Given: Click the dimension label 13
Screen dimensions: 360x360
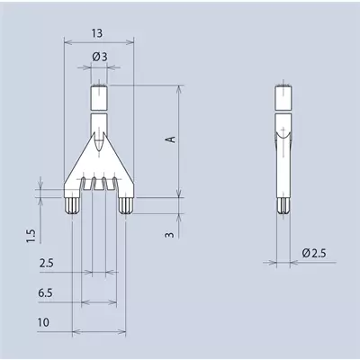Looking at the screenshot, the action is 97,33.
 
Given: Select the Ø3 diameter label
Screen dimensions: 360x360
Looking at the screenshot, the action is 100,57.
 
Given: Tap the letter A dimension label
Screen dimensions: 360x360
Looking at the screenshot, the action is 171,139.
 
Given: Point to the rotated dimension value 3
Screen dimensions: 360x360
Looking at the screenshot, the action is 170,234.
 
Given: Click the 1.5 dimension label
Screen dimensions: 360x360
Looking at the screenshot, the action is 31,236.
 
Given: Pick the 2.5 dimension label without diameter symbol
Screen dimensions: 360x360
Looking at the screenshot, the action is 47,263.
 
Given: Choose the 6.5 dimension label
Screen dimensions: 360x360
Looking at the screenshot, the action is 45,292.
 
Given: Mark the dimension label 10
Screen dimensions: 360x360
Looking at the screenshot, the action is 43,322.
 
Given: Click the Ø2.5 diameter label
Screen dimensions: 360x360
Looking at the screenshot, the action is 314,253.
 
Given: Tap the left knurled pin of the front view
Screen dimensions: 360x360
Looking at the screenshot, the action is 72,206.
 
